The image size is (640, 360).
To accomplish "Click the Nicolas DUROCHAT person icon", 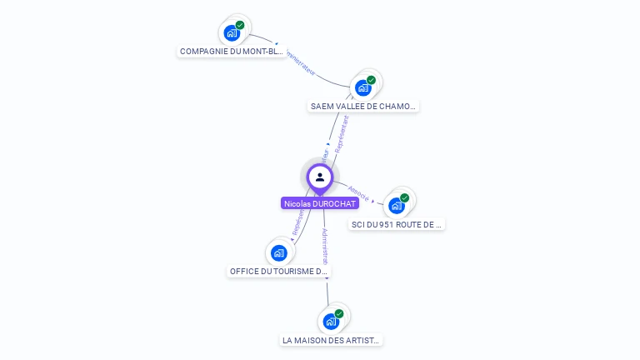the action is pos(320,177).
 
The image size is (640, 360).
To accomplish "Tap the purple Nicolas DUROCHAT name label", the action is pos(320,203).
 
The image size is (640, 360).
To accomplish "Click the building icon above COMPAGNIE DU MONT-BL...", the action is pos(231,33).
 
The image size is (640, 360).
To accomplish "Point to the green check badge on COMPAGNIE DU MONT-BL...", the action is pos(240,25).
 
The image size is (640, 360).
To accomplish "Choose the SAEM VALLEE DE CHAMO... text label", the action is pos(363,107).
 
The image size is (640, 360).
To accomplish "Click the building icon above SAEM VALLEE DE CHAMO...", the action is pos(362,87).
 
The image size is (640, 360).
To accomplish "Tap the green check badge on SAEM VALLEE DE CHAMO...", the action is pos(372,80).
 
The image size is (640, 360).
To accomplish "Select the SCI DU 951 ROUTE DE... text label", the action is pos(397,224).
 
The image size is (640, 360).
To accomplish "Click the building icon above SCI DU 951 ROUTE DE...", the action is pos(396,206).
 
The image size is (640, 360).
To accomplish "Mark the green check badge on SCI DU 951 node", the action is pos(405,197).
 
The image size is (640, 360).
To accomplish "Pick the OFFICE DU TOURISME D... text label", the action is pos(279,272).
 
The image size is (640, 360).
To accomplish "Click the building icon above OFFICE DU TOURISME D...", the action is pos(278,252).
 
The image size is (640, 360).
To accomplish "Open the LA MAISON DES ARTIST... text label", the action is pos(331,341).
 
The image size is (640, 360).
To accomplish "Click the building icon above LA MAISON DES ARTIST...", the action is pos(330,322).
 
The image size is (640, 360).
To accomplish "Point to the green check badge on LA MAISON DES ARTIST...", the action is pos(339,313).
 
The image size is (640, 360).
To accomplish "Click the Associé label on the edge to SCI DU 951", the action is pos(359,192).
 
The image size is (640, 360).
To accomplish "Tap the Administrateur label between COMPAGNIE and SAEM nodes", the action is pos(301,63).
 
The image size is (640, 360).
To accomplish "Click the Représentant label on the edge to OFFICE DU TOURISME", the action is pos(297,220).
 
